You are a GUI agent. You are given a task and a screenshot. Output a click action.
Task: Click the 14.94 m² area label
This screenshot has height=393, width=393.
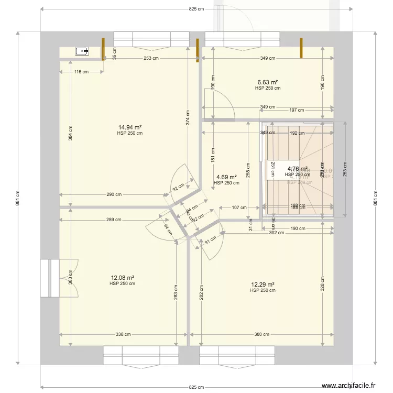click(x=130, y=127)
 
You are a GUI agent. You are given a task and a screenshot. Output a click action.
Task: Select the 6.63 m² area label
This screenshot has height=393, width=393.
click(x=267, y=82)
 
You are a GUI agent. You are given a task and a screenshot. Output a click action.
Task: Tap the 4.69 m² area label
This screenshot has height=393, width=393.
click(x=226, y=177)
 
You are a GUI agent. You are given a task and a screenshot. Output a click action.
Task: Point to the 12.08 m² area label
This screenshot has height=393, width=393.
click(x=122, y=278)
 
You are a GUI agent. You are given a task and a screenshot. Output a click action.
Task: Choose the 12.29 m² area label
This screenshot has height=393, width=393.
click(x=263, y=285)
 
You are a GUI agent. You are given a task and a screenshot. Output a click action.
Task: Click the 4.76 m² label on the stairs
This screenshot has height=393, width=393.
click(x=297, y=169)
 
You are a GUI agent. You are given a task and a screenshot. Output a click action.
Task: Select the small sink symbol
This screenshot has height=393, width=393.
click(x=82, y=51)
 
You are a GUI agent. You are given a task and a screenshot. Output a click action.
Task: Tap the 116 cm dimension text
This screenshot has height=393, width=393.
click(x=80, y=72)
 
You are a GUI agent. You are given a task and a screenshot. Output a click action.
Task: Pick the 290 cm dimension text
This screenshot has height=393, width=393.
click(x=114, y=194)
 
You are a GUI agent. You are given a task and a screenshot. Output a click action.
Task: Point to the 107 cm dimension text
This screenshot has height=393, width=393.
click(x=240, y=208)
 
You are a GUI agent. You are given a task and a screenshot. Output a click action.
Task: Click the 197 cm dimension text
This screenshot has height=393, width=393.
click(x=297, y=110)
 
